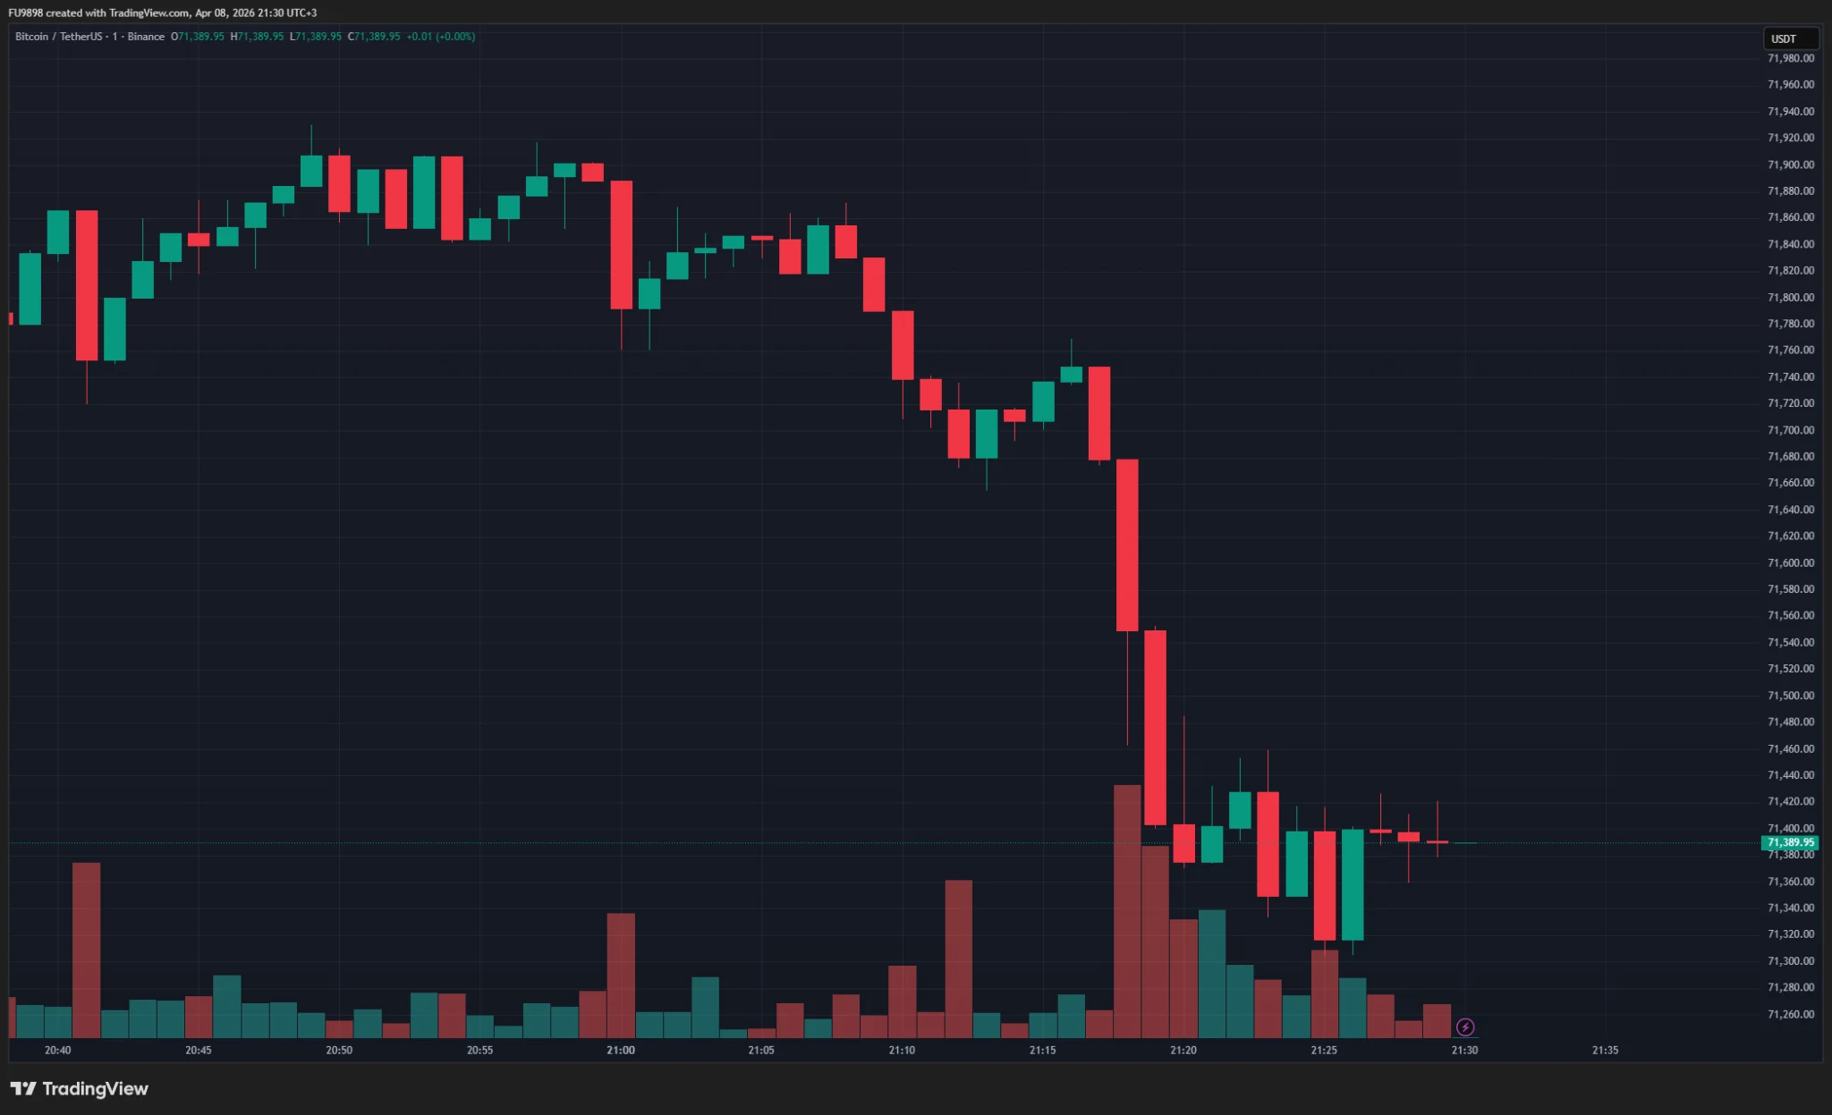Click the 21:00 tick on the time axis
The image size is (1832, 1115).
tap(620, 1050)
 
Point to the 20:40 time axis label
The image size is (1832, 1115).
tap(57, 1050)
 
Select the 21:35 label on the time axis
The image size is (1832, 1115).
tap(1605, 1050)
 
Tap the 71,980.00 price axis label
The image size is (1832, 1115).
tap(1790, 58)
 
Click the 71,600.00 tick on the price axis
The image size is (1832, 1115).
tap(1790, 562)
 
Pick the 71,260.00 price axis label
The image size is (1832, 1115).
tap(1790, 1014)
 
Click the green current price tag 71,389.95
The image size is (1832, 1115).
tap(1790, 842)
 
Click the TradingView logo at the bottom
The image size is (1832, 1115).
tap(80, 1088)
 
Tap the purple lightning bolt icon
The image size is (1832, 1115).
tap(1465, 1026)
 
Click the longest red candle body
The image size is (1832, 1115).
tap(1127, 545)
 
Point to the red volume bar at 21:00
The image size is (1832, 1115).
tap(621, 975)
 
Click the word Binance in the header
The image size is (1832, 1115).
tap(146, 37)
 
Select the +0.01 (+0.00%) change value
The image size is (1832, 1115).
tap(440, 37)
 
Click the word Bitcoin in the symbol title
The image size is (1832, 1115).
tap(32, 37)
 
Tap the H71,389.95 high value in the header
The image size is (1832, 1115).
tap(257, 37)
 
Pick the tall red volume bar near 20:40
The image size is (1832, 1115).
tap(87, 950)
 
